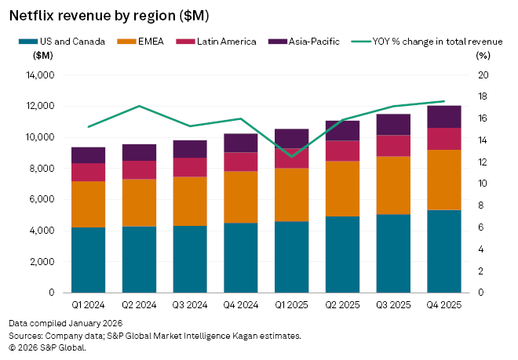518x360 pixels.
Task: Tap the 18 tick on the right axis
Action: [483, 97]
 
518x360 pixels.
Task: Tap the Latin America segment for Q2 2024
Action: [139, 169]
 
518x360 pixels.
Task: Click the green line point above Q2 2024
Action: [139, 106]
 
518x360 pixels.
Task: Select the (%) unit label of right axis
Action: [483, 55]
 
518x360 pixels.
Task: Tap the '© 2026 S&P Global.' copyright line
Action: [47, 347]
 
